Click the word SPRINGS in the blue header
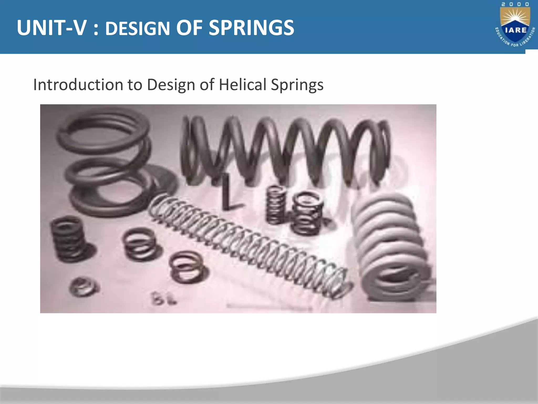point(251,28)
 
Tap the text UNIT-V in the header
point(51,28)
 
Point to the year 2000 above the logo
point(515,4)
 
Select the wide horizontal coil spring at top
point(286,150)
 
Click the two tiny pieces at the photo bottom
point(163,299)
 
